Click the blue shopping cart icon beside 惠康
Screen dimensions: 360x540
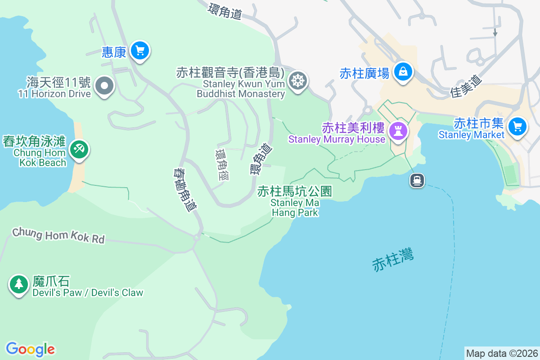tap(139, 51)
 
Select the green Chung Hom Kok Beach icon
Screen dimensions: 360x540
tap(79, 148)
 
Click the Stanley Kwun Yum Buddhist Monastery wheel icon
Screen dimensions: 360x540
tap(297, 81)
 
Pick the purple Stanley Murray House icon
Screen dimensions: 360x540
tap(398, 131)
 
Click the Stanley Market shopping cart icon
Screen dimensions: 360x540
tap(517, 126)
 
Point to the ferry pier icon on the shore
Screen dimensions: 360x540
tap(417, 180)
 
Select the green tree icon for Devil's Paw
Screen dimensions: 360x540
tap(18, 284)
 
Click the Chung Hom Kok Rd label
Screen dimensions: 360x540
tap(58, 235)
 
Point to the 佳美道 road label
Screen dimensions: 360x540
tap(466, 86)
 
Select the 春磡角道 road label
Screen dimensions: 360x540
tap(185, 190)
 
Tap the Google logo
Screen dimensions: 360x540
tap(30, 349)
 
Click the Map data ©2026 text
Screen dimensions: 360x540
tap(502, 353)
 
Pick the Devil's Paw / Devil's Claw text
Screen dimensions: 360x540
tap(88, 292)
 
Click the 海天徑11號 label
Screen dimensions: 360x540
tap(58, 82)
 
